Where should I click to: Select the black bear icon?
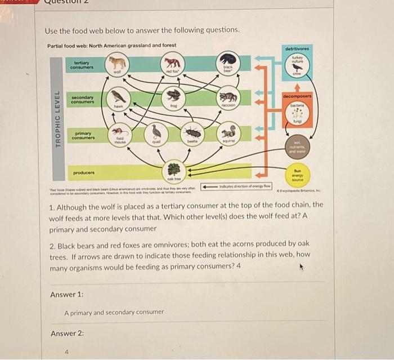pos(228,60)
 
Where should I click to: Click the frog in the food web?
pos(173,95)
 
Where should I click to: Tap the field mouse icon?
pos(118,134)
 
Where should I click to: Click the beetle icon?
pos(194,134)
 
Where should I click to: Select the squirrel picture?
pos(228,132)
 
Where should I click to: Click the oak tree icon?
pos(173,168)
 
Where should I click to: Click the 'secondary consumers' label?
pos(83,100)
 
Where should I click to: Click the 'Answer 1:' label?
pos(66,294)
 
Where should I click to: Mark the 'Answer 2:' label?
pos(66,333)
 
